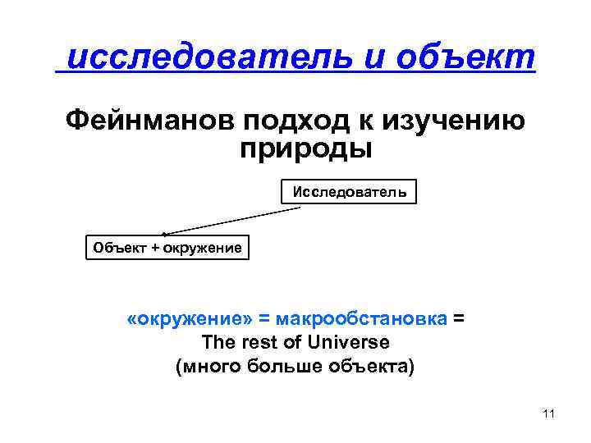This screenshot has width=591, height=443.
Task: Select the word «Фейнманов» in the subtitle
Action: click(x=148, y=121)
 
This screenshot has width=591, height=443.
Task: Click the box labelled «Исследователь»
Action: click(x=349, y=192)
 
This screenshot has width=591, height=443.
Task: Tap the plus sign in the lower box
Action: click(x=151, y=247)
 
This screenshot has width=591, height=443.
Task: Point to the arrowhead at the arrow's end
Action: click(x=165, y=235)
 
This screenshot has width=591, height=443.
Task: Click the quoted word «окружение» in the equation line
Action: click(x=189, y=317)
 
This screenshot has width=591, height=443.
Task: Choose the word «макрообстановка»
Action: click(x=362, y=317)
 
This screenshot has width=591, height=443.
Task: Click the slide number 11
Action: click(x=549, y=413)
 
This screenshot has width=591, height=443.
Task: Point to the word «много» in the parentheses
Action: click(x=213, y=366)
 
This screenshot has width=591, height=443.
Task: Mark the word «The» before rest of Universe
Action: click(x=220, y=341)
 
